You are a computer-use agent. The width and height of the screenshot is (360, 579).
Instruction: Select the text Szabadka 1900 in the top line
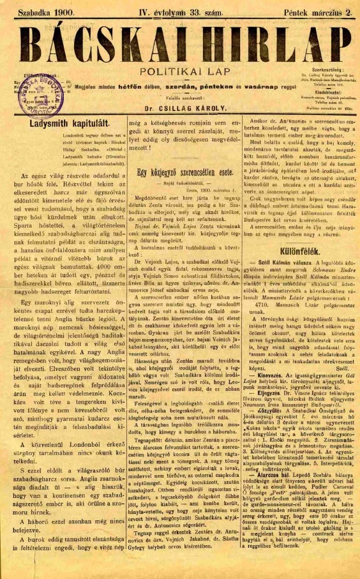click(x=47, y=11)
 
